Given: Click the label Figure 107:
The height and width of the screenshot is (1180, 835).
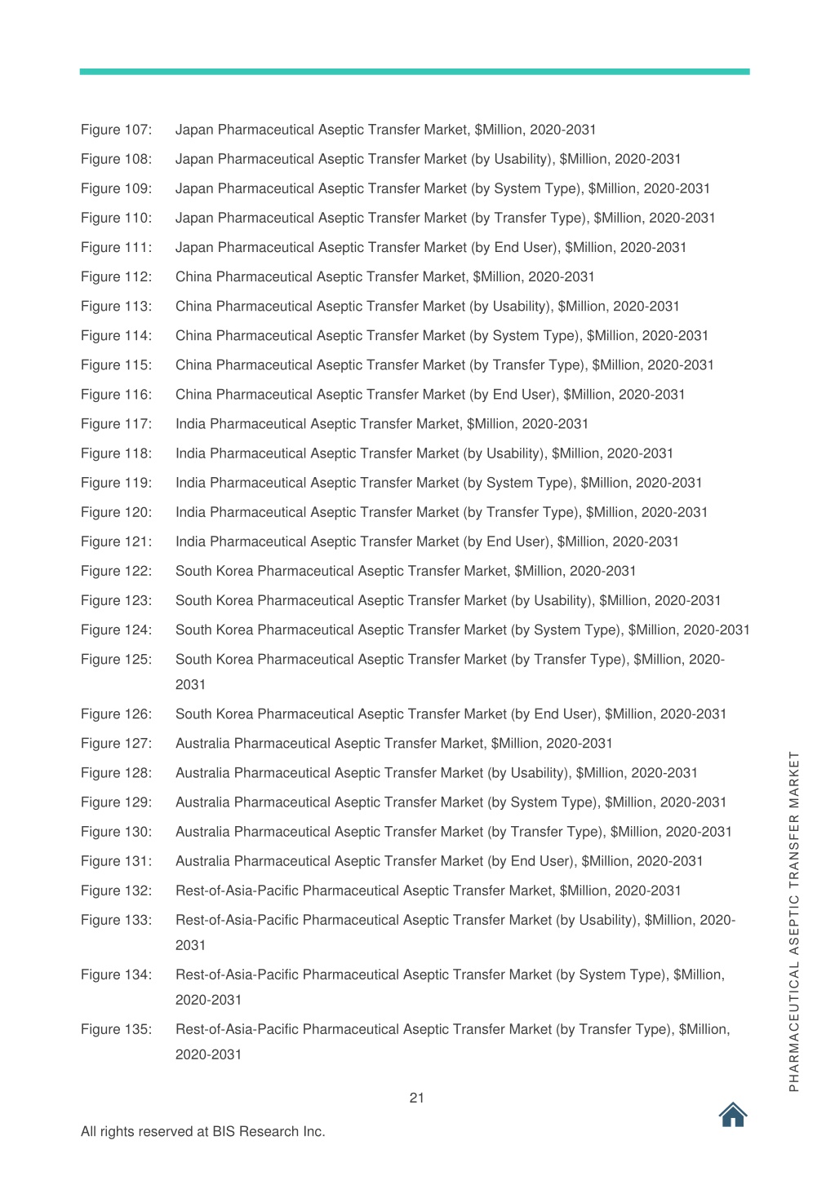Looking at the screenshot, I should point(116,130).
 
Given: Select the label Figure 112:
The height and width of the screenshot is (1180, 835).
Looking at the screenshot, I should point(116,277).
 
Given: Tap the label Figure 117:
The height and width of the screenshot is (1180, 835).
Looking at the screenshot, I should point(116,424).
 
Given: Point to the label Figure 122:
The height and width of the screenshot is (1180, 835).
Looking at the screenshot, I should point(116,571).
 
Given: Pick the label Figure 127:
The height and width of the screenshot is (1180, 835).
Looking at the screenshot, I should point(116,744).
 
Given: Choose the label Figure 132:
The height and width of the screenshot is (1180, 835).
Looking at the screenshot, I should point(116,891).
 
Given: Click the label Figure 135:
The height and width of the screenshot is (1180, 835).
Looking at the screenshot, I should point(116,1029).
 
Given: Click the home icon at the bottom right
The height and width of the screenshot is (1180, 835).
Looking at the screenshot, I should point(733,1115).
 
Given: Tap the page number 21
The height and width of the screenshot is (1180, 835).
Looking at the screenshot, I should point(417,1098).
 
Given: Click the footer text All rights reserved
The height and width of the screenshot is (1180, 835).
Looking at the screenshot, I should point(202,1132).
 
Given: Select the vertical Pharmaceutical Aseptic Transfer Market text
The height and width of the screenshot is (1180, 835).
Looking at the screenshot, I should point(794,921).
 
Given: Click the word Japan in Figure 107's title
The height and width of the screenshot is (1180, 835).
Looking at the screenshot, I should point(194,130).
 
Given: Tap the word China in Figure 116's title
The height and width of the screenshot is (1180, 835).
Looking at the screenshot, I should point(193,395).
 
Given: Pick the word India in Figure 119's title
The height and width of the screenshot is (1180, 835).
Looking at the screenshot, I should point(191,483).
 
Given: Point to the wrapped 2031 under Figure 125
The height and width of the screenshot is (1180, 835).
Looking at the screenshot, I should point(191,685).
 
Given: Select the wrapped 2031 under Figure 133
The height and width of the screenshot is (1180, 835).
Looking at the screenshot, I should point(191,945).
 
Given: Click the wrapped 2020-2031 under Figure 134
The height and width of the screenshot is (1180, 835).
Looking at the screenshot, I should point(209,1000).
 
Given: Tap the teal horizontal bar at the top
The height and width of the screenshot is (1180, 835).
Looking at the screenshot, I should point(415,72).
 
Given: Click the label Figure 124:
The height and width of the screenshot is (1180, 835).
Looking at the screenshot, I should point(116,630).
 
